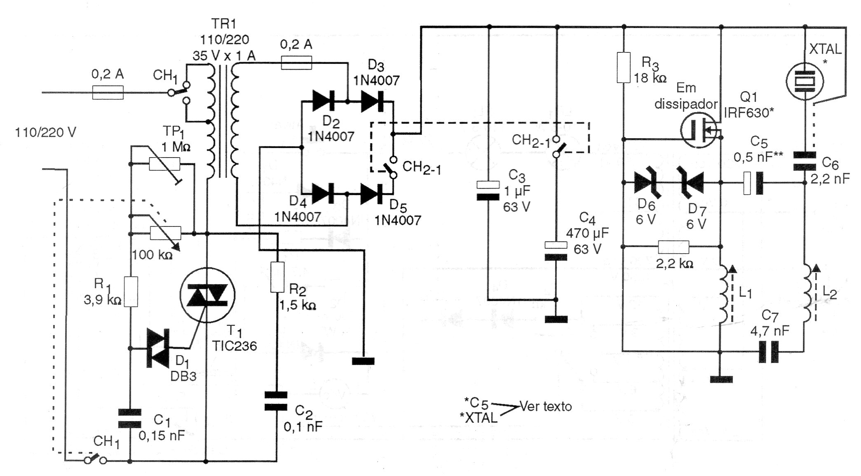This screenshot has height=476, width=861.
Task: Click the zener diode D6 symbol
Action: tap(648, 182)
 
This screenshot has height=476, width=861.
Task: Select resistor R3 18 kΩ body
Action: tap(623, 68)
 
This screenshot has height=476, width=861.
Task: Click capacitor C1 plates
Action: tap(130, 418)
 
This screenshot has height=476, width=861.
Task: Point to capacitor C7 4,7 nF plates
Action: tap(769, 351)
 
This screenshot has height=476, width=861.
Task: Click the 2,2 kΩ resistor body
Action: tap(673, 247)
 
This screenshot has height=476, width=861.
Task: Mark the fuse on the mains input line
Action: tap(108, 93)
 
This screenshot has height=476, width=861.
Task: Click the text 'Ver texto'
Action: tap(546, 406)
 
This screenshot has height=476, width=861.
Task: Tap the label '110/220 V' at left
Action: tap(45, 132)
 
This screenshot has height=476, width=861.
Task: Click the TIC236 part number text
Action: tap(235, 346)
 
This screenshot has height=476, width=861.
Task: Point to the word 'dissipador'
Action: tap(686, 104)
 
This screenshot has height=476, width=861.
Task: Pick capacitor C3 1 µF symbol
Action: tap(488, 191)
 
